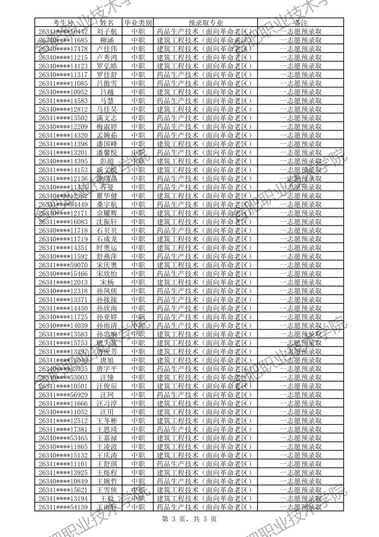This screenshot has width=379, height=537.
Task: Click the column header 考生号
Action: [x=63, y=23]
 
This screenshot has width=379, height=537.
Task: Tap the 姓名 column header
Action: [x=107, y=23]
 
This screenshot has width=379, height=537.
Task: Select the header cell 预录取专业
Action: [x=205, y=23]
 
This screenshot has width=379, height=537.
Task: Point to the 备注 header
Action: [x=300, y=23]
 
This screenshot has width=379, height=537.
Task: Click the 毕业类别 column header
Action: [x=138, y=23]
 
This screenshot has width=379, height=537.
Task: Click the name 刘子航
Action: [x=107, y=31]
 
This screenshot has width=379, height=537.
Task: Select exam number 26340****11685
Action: [x=63, y=40]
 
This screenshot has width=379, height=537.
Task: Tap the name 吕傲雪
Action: [x=107, y=84]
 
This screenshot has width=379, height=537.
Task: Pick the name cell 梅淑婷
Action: [x=107, y=127]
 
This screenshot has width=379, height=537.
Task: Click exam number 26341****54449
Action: [x=63, y=205]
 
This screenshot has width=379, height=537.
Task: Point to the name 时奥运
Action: [x=107, y=248]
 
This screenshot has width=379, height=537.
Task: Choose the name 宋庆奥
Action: [x=107, y=265]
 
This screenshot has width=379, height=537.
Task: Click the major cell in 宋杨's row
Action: [x=205, y=282]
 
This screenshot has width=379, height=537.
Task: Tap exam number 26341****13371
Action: [x=63, y=300]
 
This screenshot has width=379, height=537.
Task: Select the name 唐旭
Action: [x=107, y=360]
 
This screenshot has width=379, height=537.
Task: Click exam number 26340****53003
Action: [x=63, y=378]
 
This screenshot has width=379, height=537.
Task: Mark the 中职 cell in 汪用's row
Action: [x=138, y=412]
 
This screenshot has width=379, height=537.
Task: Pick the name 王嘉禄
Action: [x=107, y=438]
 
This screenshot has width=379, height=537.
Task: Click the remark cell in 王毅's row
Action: [x=300, y=499]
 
